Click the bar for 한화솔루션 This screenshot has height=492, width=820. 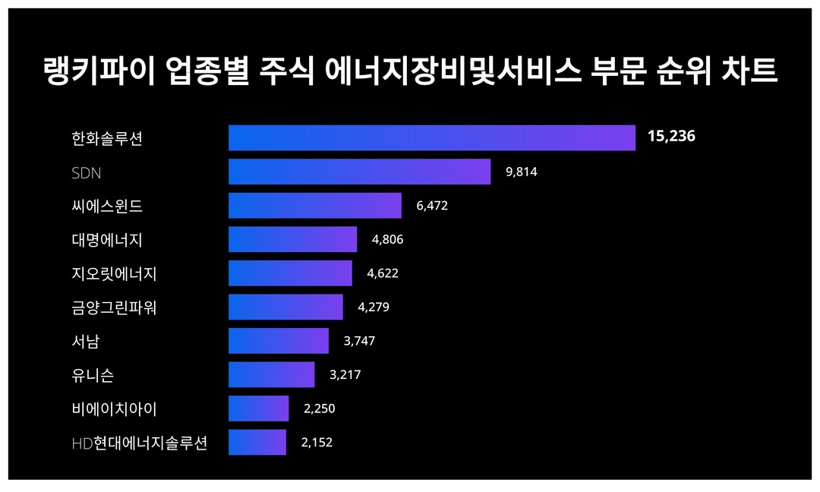[x=431, y=138]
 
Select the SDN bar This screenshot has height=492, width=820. [x=359, y=172]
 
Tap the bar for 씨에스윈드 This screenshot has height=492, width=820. [x=314, y=206]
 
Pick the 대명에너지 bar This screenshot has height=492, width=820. [x=292, y=239]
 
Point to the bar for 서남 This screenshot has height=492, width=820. [x=278, y=341]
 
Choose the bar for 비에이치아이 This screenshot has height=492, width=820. [x=258, y=408]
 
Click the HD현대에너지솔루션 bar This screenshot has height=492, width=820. [x=257, y=442]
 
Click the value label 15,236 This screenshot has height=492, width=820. [x=671, y=137]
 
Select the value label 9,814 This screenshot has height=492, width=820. [x=521, y=172]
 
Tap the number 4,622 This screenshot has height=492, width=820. [x=382, y=273]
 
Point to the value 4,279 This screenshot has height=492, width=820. [x=373, y=307]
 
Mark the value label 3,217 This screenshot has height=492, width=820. [x=345, y=375]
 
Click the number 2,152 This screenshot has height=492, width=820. [x=317, y=442]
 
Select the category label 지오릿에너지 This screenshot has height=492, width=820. [x=114, y=273]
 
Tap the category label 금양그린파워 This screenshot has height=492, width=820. [x=114, y=307]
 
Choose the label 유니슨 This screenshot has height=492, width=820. [x=93, y=375]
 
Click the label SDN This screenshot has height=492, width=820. [x=86, y=172]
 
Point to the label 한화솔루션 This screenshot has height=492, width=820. [x=107, y=139]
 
